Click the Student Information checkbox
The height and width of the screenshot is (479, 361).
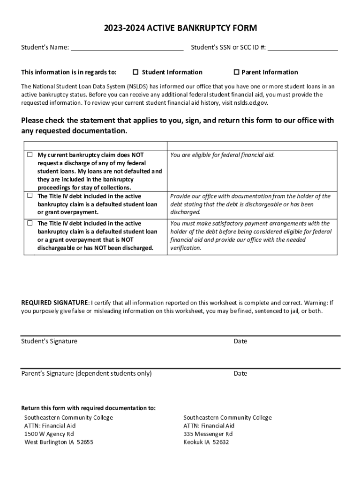(x=135, y=72)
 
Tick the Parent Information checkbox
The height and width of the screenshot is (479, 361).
(x=236, y=72)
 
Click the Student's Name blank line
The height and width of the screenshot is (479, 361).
(x=127, y=47)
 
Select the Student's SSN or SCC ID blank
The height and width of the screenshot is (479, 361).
(x=303, y=47)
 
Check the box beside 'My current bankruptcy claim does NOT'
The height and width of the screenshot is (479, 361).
(x=30, y=154)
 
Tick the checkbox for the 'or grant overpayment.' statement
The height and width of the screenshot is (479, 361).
(x=30, y=196)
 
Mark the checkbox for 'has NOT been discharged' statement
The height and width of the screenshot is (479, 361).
(x=30, y=223)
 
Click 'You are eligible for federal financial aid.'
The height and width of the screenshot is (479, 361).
(x=222, y=155)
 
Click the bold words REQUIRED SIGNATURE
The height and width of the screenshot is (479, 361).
(x=54, y=303)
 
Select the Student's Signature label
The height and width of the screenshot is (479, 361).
(x=49, y=341)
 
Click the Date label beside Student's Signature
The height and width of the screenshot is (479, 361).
(x=240, y=341)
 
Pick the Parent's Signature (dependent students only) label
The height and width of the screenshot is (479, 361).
(x=86, y=373)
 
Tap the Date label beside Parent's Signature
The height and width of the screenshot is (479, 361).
(x=240, y=373)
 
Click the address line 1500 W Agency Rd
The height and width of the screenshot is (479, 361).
(x=49, y=434)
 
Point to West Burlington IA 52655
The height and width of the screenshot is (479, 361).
(x=59, y=442)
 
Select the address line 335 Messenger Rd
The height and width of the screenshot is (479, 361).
(x=208, y=434)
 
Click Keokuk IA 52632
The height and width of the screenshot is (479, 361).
(x=206, y=442)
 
